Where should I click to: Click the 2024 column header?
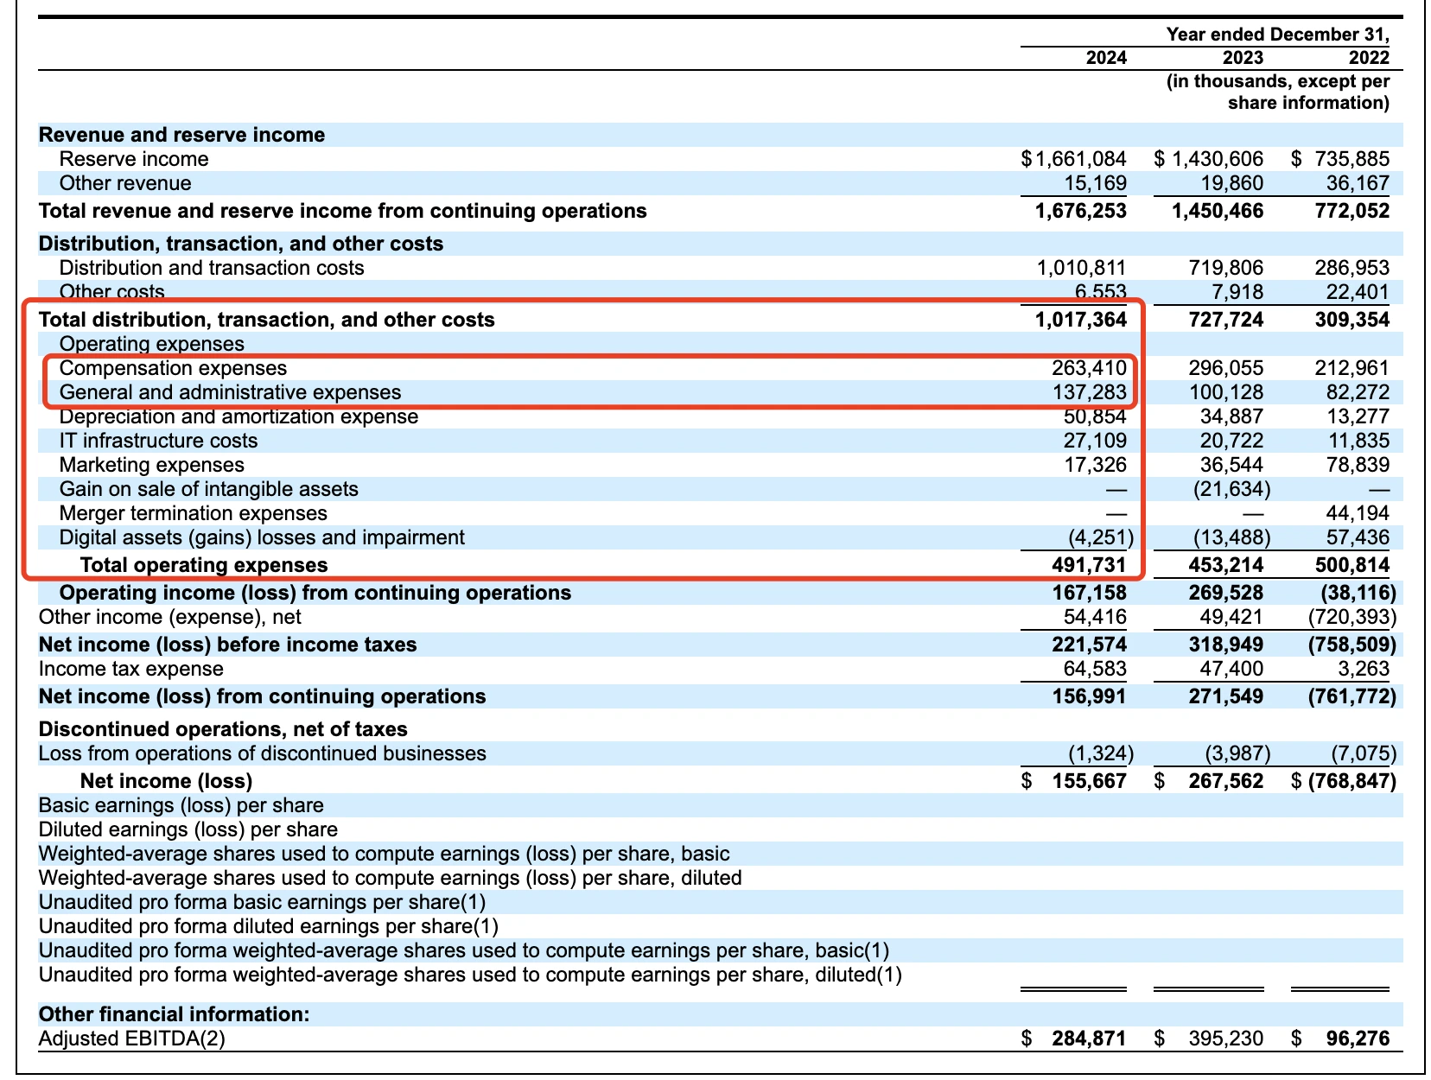tap(1105, 58)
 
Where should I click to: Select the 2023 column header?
tap(1242, 58)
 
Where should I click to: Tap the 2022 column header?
tap(1369, 58)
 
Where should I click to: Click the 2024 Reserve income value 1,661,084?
tap(1080, 159)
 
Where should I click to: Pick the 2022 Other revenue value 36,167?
tap(1358, 183)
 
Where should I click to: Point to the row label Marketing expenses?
tap(151, 465)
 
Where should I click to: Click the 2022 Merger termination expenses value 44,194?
tap(1358, 513)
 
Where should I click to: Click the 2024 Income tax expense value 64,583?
tap(1094, 669)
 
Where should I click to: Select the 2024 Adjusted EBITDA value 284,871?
tap(1089, 1039)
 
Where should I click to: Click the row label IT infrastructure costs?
tap(158, 441)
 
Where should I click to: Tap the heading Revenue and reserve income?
tap(181, 135)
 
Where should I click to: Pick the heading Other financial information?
tap(174, 1014)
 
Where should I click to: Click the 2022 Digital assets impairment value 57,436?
tap(1358, 537)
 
